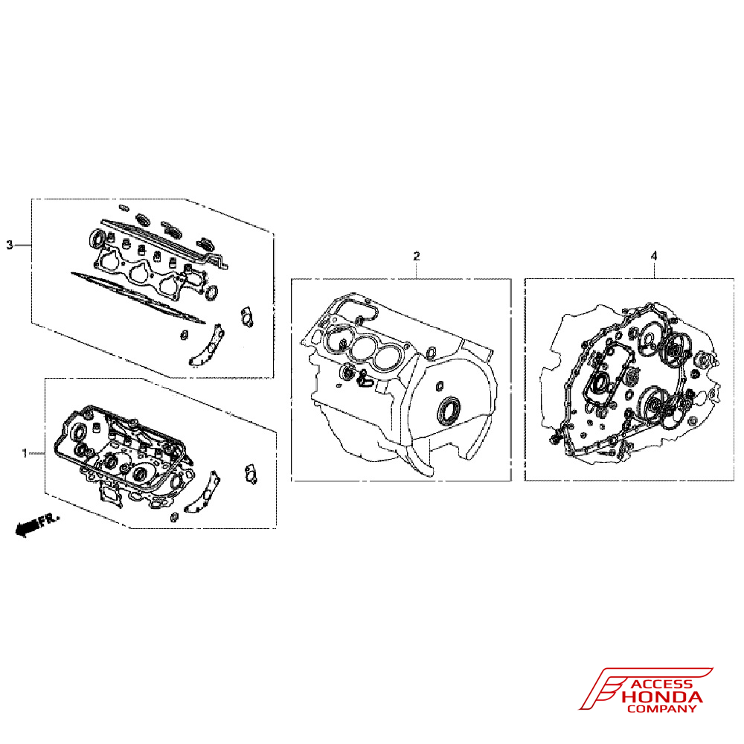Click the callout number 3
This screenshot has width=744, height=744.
click(x=10, y=246)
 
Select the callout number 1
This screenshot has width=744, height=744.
click(x=25, y=454)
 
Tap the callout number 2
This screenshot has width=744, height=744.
click(x=416, y=256)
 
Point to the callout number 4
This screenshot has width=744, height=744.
click(x=654, y=256)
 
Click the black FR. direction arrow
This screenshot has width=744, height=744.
click(x=27, y=527)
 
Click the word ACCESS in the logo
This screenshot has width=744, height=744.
click(x=663, y=684)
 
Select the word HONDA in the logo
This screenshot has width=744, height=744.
click(x=661, y=697)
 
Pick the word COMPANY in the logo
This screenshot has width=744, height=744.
click(x=661, y=709)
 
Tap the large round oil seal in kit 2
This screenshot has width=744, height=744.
click(x=449, y=411)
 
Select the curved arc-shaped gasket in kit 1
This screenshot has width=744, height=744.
click(x=203, y=493)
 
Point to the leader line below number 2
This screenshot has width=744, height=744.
click(x=416, y=270)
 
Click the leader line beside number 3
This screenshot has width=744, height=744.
click(x=22, y=246)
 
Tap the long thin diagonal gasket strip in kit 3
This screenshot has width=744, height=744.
click(x=138, y=297)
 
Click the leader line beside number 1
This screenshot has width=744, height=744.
click(x=36, y=454)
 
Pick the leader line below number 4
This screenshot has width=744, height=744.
click(x=654, y=270)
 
